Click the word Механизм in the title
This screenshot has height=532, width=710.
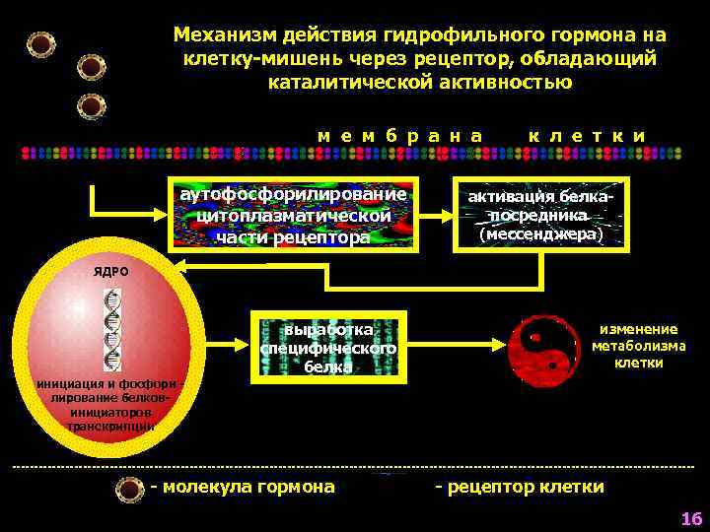click(217, 35)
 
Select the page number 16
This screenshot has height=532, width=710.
click(689, 518)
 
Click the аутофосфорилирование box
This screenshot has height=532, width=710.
click(294, 212)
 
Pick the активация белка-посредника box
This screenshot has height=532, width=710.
click(538, 213)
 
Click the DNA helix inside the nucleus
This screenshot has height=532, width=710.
click(115, 329)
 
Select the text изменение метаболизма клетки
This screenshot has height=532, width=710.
click(638, 346)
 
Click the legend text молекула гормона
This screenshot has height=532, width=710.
click(243, 487)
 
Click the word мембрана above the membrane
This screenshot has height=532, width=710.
click(400, 134)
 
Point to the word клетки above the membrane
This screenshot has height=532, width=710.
click(587, 134)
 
